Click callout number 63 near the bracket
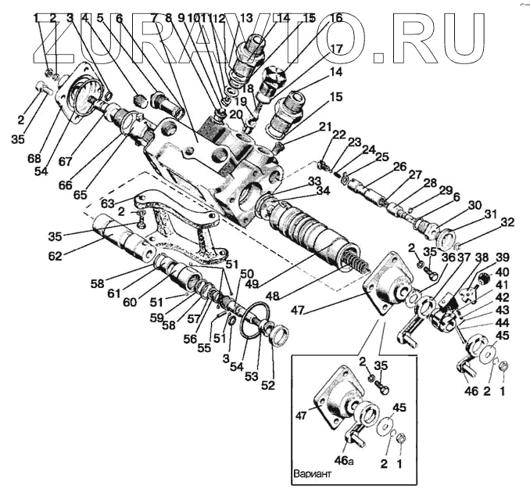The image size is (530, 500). pos(108,202)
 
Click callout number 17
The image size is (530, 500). pos(336,49)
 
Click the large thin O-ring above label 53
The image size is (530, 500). pos(255,324)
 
